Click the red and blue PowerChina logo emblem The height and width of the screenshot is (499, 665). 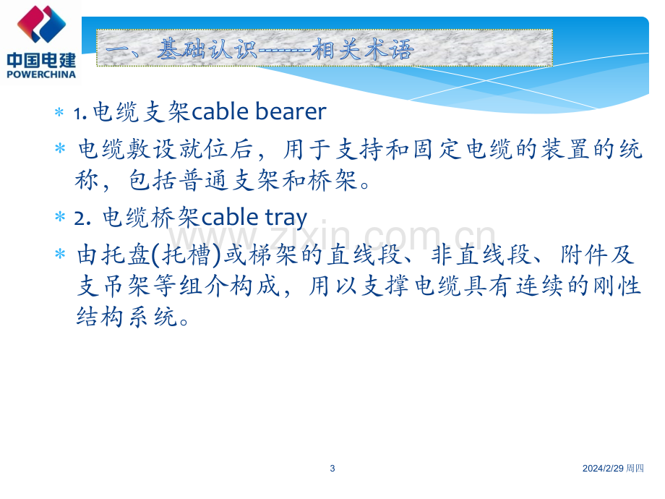pos(42,24)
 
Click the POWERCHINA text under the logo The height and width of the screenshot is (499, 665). pos(42,74)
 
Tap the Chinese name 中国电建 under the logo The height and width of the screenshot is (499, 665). pos(42,60)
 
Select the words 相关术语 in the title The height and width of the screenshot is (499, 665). pos(363,48)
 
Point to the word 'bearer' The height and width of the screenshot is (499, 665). pos(291,111)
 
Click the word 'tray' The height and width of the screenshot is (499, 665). pos(286,218)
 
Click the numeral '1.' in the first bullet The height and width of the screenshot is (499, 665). pos(80,114)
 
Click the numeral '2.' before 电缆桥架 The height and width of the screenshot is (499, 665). pos(82,219)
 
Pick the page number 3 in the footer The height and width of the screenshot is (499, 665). pos(332,469)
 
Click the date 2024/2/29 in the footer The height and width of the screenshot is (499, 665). pos(603,469)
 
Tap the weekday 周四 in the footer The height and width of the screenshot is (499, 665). pos(635,469)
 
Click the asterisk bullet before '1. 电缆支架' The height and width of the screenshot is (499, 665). pos(59,113)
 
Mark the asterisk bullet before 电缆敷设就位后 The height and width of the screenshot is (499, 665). pos(60,148)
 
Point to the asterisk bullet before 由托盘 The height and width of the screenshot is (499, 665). pos(60,254)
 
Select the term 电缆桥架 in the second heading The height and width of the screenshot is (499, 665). pos(151,218)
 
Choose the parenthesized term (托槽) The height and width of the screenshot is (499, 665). pos(186,255)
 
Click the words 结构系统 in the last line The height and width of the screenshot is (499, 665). pos(126,317)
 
